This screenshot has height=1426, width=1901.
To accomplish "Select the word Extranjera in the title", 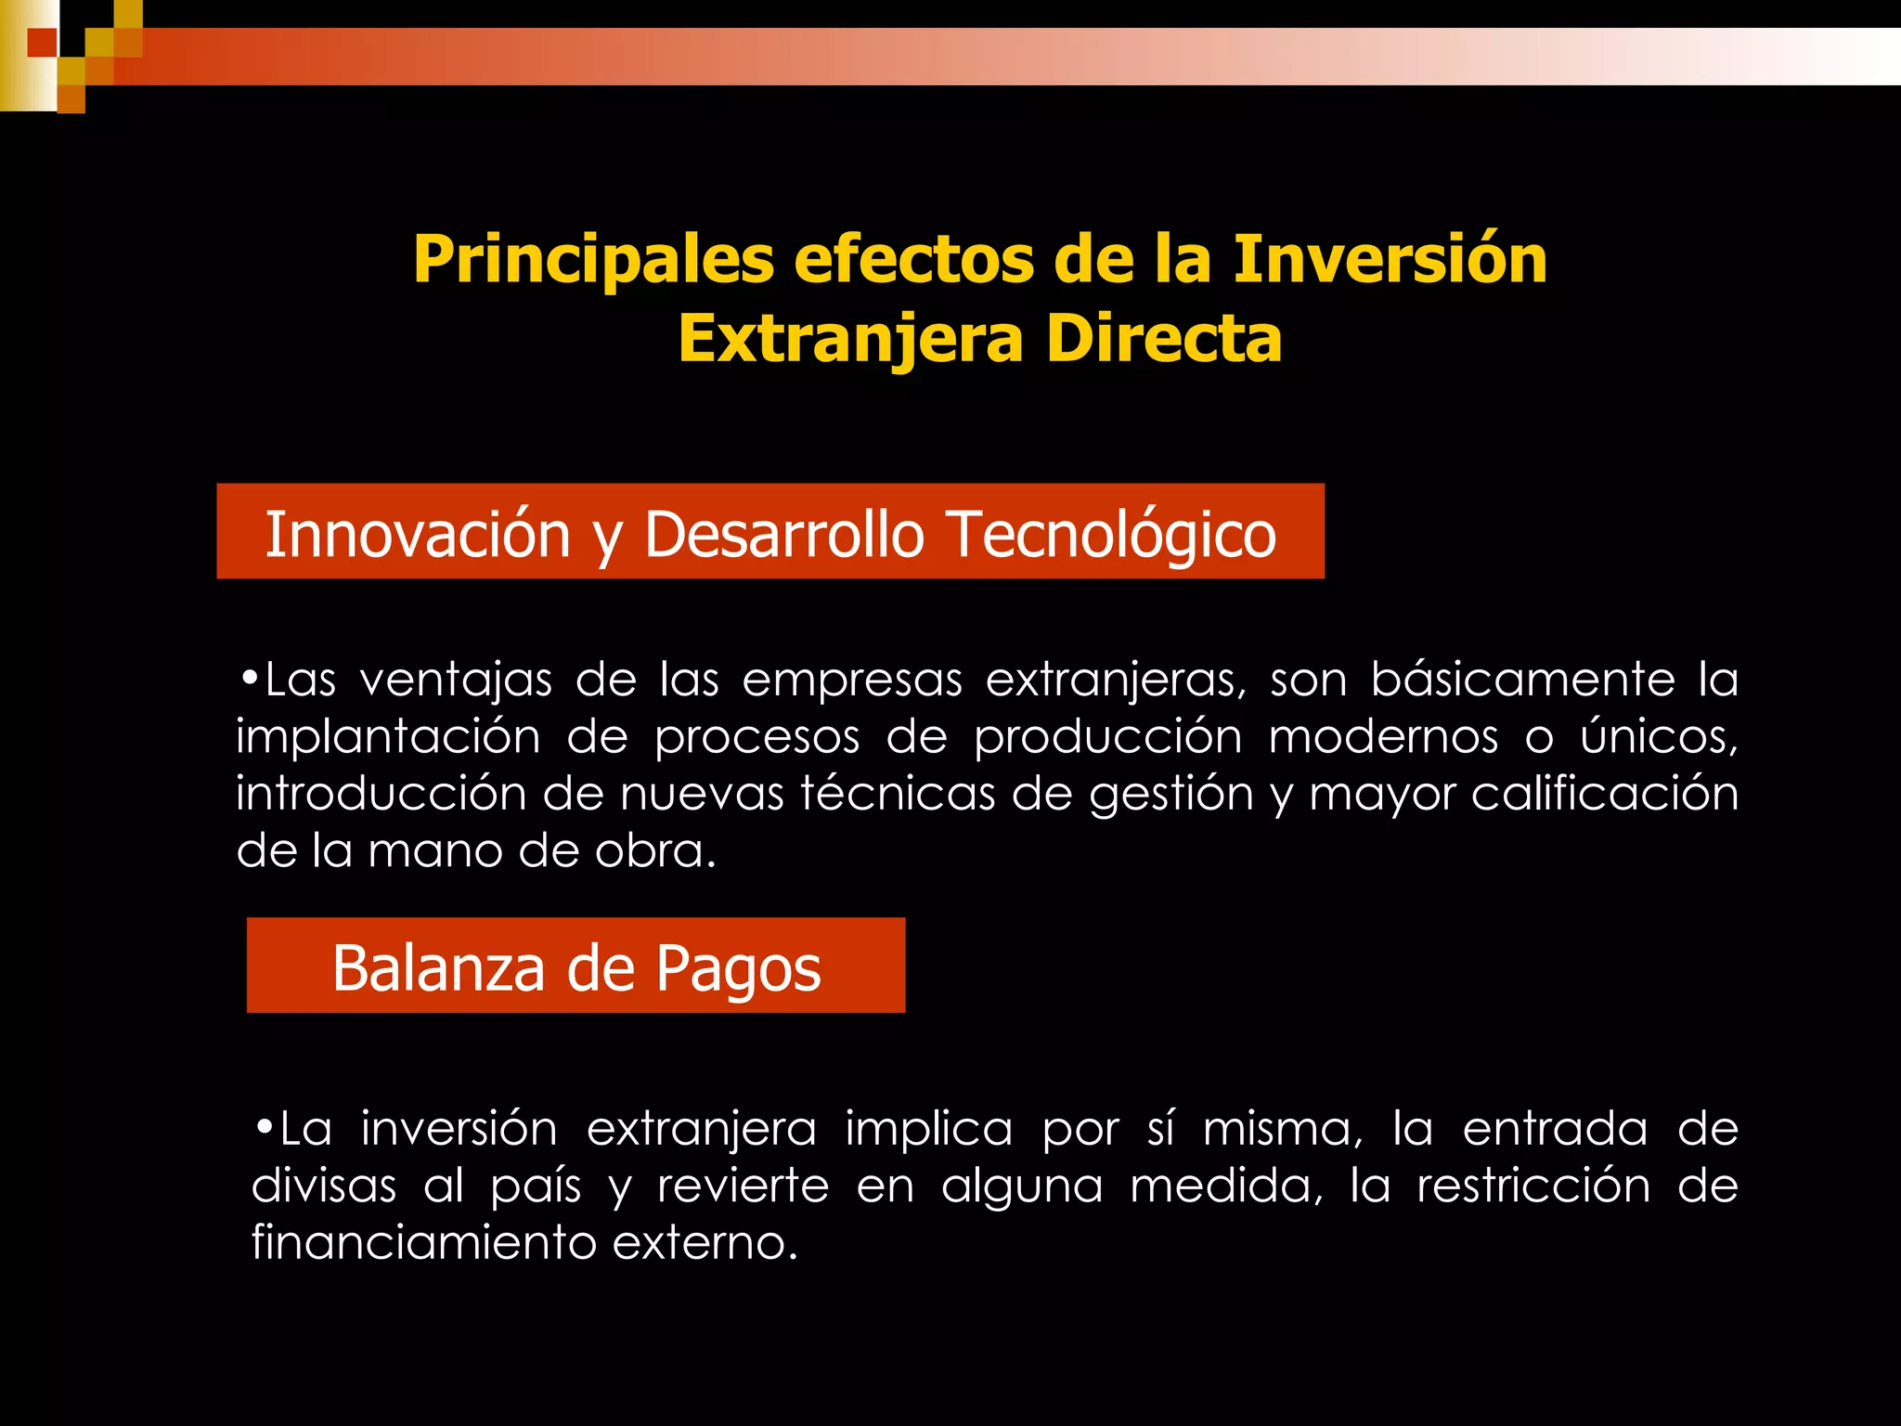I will point(850,339).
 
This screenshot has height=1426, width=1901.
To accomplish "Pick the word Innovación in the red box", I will point(418,535).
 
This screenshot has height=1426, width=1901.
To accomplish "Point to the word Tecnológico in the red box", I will point(1112,535).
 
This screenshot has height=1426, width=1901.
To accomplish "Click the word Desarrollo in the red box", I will point(784,535).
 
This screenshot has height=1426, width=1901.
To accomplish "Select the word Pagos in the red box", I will point(738,968).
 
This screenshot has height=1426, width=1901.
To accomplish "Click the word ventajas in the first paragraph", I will point(455,681).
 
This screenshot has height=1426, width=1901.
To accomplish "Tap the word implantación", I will point(387,738).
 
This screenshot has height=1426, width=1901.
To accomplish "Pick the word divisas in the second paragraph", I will point(324,1186).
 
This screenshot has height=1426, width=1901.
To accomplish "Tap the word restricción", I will point(1532,1186).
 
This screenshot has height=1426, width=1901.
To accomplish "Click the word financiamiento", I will point(423,1242).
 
